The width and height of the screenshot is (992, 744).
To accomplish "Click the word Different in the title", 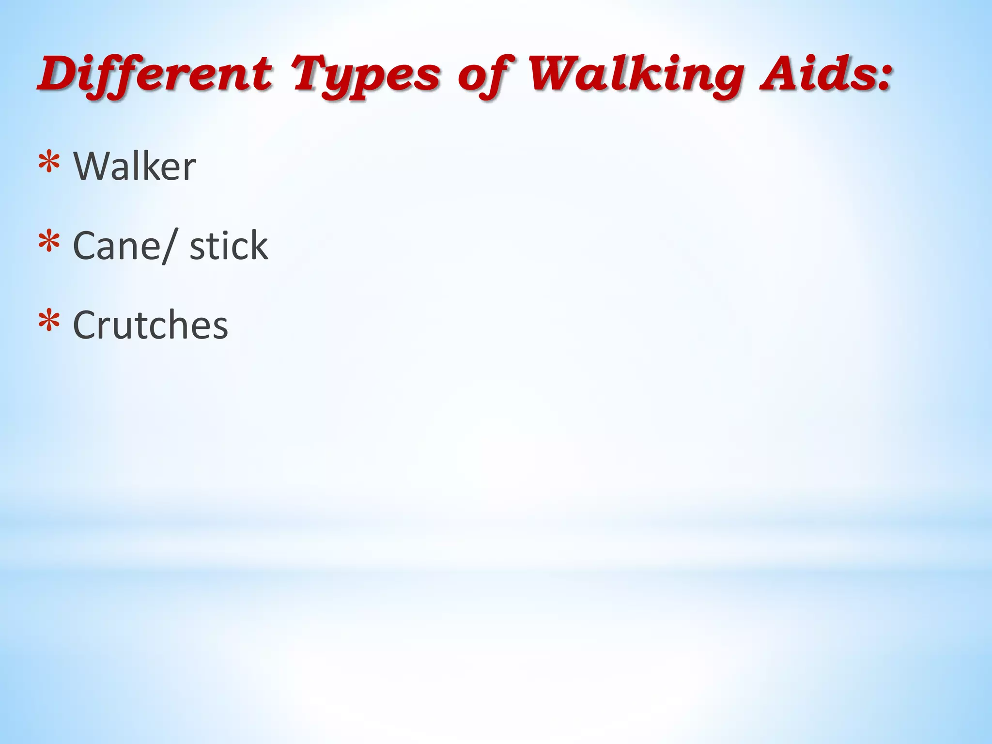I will click(x=155, y=75).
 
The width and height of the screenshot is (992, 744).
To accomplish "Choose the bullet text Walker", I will click(x=135, y=167).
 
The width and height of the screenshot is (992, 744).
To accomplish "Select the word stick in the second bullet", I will click(x=229, y=246).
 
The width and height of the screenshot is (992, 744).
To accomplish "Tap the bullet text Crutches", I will click(x=150, y=325).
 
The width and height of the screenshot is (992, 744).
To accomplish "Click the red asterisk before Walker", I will click(x=49, y=164).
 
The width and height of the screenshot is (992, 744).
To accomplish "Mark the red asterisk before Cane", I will click(x=49, y=243).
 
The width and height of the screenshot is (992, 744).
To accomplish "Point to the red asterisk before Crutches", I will click(x=49, y=322).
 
